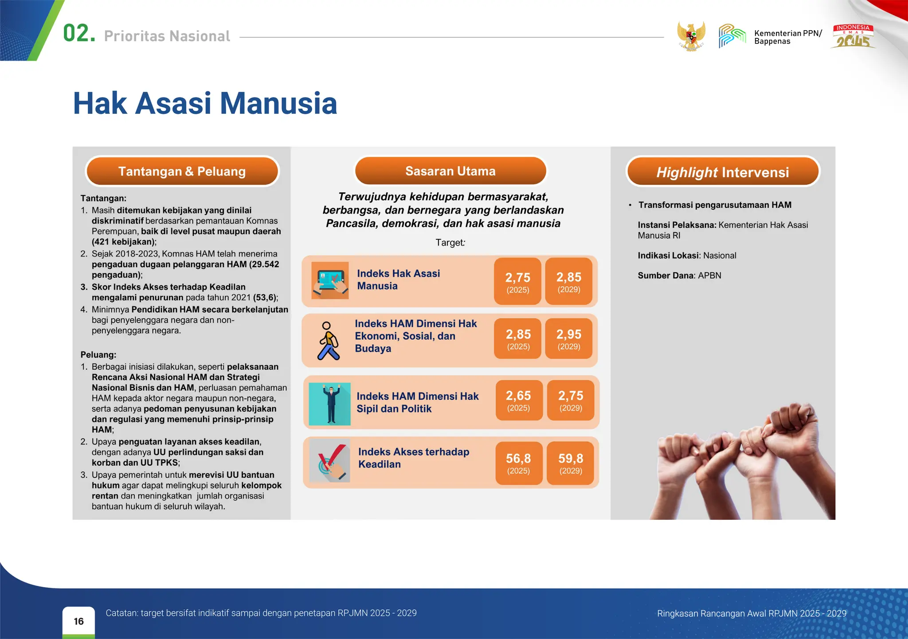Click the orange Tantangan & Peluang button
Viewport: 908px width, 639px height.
tap(182, 171)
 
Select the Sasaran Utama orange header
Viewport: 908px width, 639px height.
tap(450, 171)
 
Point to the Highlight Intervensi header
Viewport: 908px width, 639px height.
tap(723, 172)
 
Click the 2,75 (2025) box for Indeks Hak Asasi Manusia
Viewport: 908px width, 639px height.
tap(517, 281)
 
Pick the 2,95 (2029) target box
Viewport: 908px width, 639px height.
tap(569, 339)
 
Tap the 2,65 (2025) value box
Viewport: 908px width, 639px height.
tap(519, 400)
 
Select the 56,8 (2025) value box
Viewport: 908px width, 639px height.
tap(519, 463)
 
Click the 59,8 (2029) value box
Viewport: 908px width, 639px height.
tap(571, 463)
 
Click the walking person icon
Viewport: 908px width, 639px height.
tap(329, 340)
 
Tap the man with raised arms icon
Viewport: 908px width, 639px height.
tap(330, 404)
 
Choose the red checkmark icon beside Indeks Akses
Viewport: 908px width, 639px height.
tap(330, 461)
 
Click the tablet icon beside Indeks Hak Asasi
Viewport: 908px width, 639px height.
tap(330, 280)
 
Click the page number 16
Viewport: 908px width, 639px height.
tap(79, 621)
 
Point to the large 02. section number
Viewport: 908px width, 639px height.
tap(79, 34)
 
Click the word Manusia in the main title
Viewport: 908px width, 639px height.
tap(278, 104)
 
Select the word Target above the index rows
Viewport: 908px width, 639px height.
tap(450, 242)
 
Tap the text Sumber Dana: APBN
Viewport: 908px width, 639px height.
tap(679, 276)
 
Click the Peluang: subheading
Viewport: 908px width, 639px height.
tap(98, 355)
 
